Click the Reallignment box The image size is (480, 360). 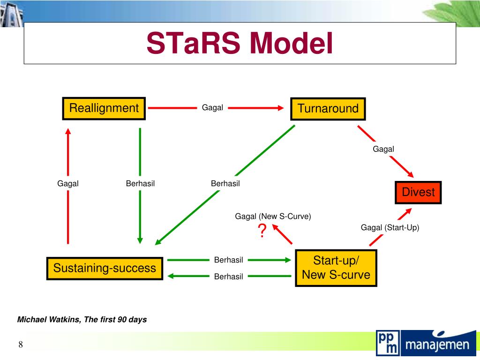click(x=104, y=108)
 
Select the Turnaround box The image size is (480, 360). click(x=328, y=109)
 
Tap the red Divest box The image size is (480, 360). click(x=418, y=192)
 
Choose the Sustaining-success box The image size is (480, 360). click(x=105, y=268)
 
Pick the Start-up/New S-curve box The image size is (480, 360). click(x=336, y=268)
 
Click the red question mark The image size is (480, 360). click(x=262, y=231)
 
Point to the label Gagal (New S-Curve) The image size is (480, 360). click(x=273, y=216)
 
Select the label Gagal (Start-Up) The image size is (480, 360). click(x=390, y=227)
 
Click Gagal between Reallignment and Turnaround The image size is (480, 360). click(x=212, y=108)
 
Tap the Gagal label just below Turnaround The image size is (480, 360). click(x=383, y=149)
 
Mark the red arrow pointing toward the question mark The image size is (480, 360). click(x=282, y=234)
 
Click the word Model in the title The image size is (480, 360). click(x=291, y=43)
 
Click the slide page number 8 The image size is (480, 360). click(x=21, y=345)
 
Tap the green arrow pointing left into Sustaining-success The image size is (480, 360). click(x=187, y=276)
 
